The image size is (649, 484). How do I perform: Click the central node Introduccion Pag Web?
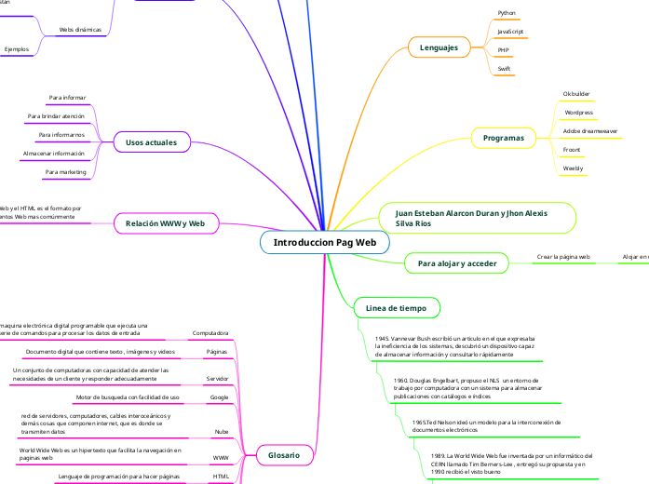tap(324, 242)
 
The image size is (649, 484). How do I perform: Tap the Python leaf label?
tap(507, 14)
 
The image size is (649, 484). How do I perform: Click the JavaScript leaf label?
tap(510, 32)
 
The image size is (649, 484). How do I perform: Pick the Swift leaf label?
tap(504, 68)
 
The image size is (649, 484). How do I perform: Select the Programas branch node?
tap(503, 138)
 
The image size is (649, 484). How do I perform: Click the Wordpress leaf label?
tap(578, 113)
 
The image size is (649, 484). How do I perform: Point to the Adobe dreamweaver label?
tap(590, 131)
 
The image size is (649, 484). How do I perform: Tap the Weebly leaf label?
tap(574, 168)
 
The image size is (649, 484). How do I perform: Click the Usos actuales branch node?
tap(152, 141)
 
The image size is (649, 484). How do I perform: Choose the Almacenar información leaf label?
tap(54, 154)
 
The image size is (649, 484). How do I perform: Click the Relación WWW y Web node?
tap(165, 223)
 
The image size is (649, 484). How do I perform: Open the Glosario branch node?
tap(284, 454)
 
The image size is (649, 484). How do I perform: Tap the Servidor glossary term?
tap(217, 379)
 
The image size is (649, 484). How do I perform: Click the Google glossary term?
tap(219, 397)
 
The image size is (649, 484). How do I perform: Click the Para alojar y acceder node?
tap(456, 263)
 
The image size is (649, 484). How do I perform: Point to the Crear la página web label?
tap(564, 256)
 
